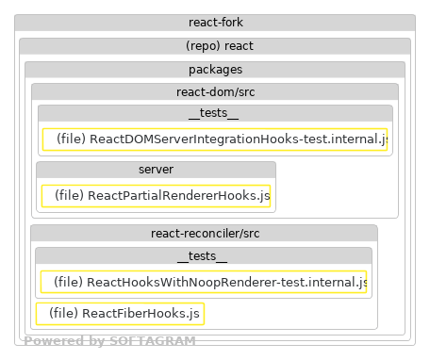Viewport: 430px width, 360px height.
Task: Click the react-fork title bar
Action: [215, 23]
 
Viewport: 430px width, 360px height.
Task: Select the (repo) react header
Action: [215, 46]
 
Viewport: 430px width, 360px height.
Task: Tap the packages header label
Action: [215, 70]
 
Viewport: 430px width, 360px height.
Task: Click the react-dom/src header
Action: [215, 92]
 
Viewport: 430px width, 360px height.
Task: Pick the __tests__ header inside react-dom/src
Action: [215, 114]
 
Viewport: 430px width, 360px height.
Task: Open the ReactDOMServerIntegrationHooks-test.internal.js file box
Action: [215, 139]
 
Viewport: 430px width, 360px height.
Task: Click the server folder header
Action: [156, 170]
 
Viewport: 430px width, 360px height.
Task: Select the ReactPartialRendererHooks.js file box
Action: [156, 196]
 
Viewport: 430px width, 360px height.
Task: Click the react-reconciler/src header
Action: [204, 233]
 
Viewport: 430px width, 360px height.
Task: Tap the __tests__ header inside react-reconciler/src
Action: [204, 256]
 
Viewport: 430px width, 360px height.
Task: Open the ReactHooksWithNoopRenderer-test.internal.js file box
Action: [204, 282]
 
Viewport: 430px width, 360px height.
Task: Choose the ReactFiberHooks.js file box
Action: [120, 313]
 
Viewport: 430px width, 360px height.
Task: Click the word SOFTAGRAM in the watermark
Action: [152, 342]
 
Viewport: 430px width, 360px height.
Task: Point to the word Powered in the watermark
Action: [53, 342]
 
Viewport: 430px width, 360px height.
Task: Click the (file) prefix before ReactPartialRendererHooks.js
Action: [69, 196]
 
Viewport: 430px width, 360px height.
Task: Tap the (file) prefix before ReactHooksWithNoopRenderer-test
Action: [68, 282]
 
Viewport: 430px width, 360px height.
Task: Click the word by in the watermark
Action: [95, 342]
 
